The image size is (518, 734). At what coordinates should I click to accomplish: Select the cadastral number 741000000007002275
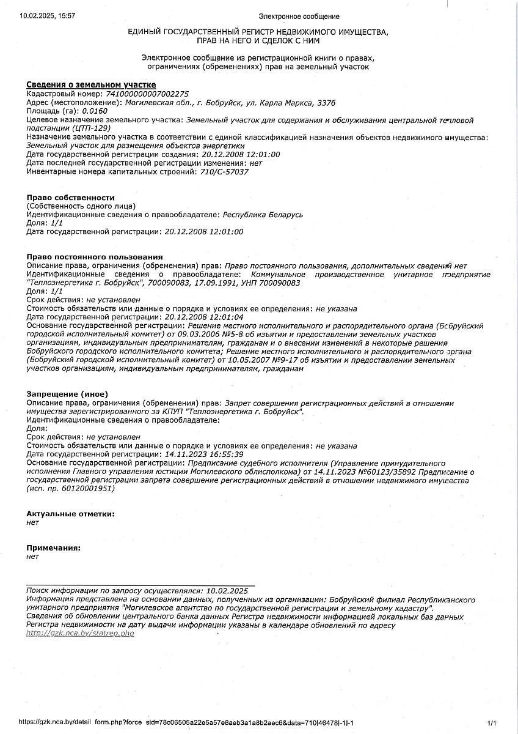click(147, 94)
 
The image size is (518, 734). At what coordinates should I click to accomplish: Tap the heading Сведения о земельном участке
click(91, 84)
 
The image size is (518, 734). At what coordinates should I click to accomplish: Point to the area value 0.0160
click(95, 111)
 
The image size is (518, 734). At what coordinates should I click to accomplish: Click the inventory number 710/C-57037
click(224, 172)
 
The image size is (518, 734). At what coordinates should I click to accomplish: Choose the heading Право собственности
click(71, 198)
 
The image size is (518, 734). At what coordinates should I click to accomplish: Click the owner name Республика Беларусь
click(263, 215)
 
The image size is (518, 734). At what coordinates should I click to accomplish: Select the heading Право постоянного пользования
click(95, 256)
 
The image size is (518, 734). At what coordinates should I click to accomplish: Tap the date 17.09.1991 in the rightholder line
click(214, 283)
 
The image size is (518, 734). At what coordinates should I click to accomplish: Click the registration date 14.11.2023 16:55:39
click(205, 454)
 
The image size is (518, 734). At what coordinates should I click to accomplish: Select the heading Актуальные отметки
click(70, 514)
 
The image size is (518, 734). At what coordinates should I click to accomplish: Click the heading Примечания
click(54, 548)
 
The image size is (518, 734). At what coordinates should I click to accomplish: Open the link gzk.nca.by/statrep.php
click(80, 634)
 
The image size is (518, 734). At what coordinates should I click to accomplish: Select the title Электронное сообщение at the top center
click(299, 17)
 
